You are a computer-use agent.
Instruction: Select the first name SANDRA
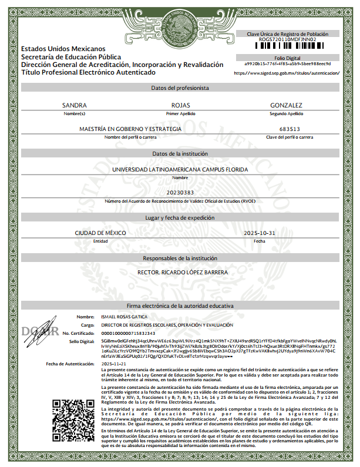click(x=75, y=105)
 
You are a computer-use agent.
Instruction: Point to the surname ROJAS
click(x=180, y=105)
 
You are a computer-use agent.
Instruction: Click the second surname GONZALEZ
click(x=286, y=105)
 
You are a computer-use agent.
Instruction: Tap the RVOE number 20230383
click(x=180, y=193)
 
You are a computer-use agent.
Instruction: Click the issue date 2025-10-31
click(x=259, y=233)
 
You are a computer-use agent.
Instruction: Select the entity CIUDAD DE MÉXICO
click(x=100, y=233)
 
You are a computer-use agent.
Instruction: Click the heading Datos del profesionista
click(x=180, y=88)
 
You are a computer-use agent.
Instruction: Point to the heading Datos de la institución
click(x=180, y=153)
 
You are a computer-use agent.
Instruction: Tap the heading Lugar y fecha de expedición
click(x=180, y=217)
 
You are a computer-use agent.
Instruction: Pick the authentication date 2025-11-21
click(x=113, y=364)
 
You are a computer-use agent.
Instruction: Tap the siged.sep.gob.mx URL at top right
click(x=287, y=73)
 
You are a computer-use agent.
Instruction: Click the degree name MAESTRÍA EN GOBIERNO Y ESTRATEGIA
click(x=130, y=129)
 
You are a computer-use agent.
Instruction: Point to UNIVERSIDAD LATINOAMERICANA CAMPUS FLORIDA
click(x=180, y=169)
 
